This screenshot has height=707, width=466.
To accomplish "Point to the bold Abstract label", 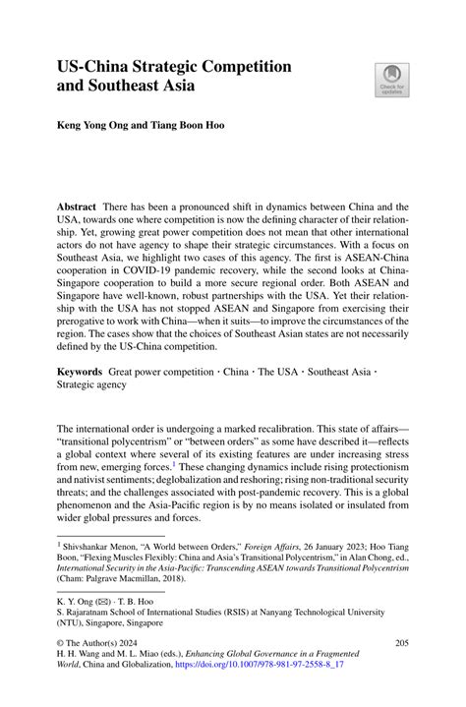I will [76, 207].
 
